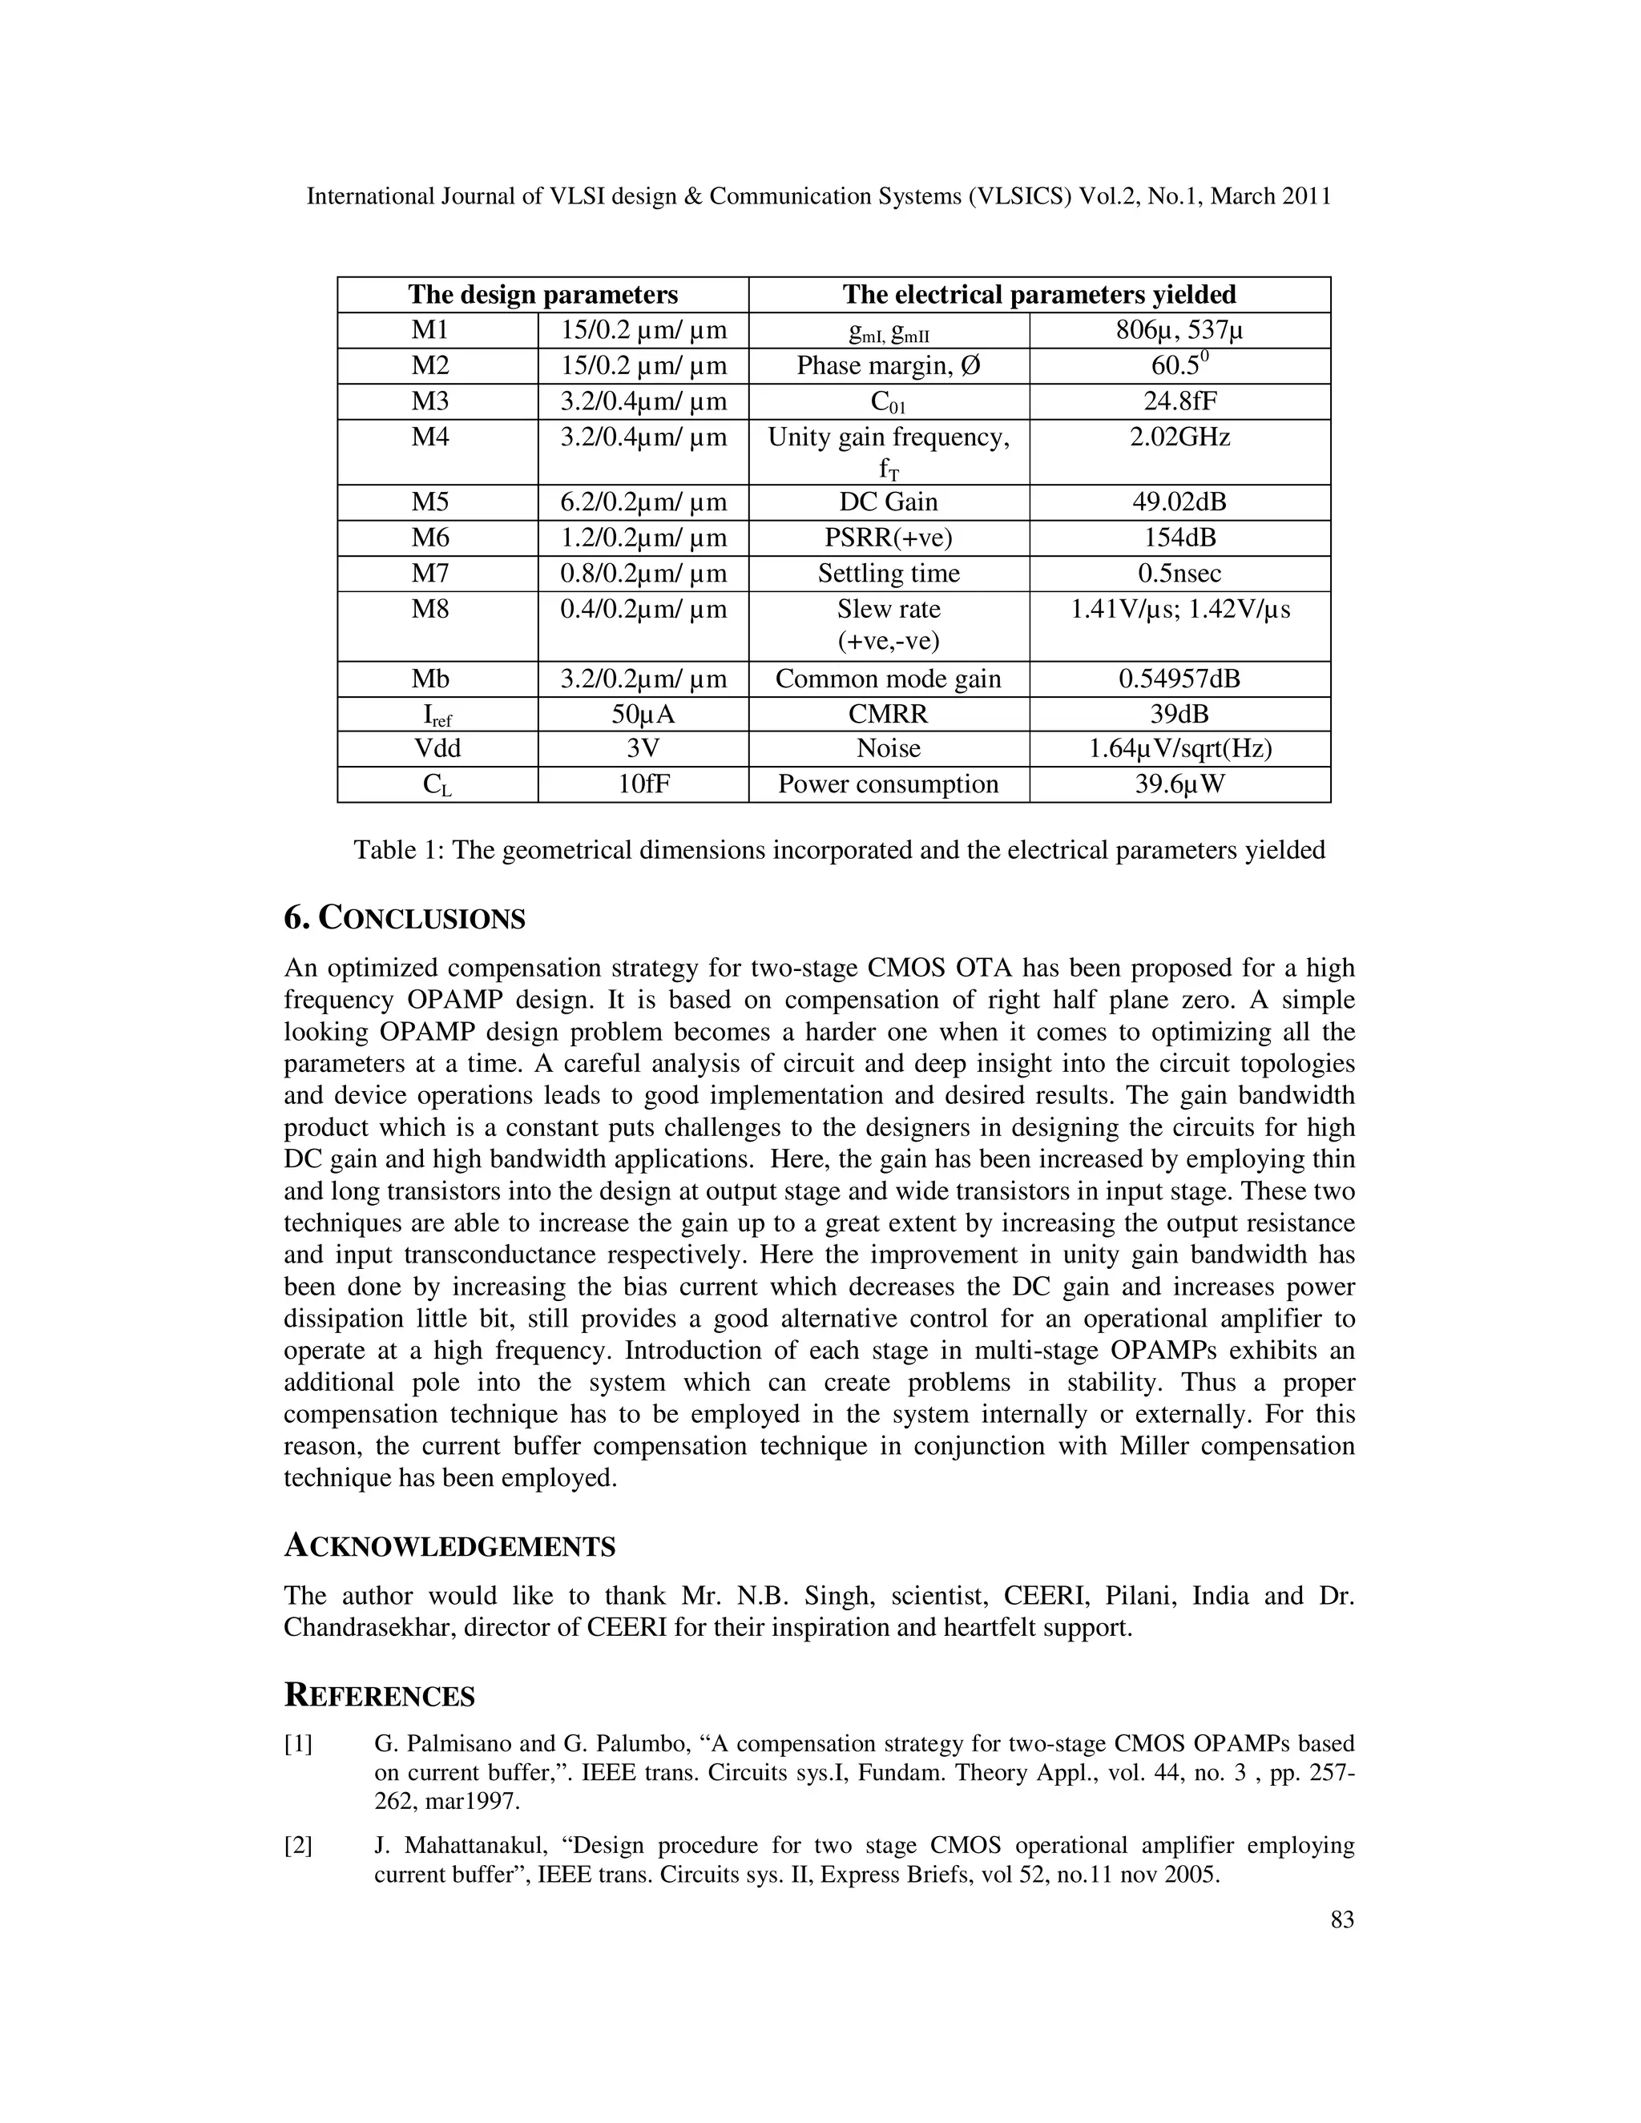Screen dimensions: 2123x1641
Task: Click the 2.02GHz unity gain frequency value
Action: (1179, 437)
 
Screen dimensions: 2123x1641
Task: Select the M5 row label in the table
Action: (429, 502)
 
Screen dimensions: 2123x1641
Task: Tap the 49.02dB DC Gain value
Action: (1179, 502)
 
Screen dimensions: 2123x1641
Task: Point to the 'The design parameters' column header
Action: (542, 295)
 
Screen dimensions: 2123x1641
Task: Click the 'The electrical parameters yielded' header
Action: (1038, 295)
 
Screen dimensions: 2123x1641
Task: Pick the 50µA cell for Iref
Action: (643, 715)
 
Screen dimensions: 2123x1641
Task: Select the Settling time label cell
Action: (888, 574)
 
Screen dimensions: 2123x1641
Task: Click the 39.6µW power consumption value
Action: (1179, 784)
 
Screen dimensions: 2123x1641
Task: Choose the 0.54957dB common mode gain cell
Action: (1179, 679)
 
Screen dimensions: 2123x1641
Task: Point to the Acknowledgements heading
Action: (450, 1546)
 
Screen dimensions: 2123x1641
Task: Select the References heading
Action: (379, 1696)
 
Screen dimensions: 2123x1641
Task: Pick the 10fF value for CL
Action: (643, 784)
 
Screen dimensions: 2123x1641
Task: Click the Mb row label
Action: (429, 679)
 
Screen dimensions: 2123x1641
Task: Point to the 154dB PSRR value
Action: (1179, 538)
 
